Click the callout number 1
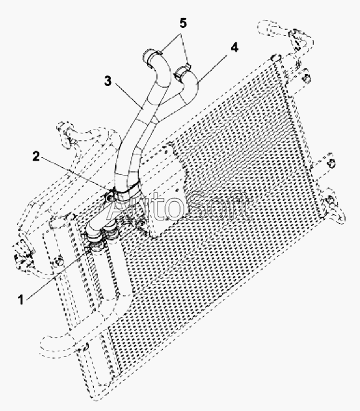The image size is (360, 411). [x=21, y=300]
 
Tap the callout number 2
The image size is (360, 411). [x=36, y=156]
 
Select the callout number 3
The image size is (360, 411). [x=108, y=81]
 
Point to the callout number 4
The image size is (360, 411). [x=234, y=48]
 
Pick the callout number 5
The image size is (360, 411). [x=183, y=23]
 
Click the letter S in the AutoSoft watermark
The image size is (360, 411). [x=197, y=205]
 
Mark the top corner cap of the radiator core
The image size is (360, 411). [x=277, y=58]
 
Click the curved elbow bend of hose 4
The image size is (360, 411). [x=191, y=87]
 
